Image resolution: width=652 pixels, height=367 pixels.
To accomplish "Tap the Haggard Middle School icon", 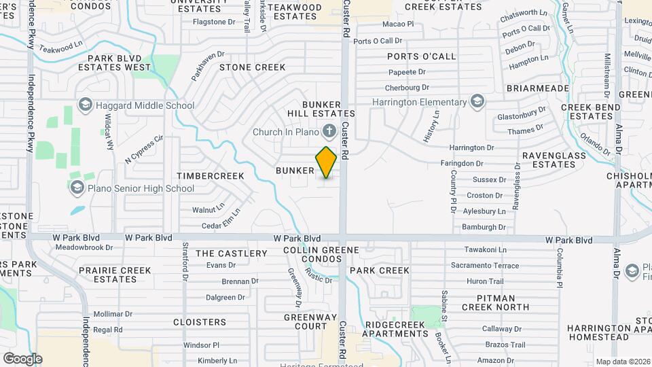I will click(x=85, y=105).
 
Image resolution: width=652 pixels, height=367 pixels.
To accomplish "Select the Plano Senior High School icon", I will click(x=76, y=188).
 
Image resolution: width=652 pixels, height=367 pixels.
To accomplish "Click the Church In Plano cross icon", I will click(x=329, y=131).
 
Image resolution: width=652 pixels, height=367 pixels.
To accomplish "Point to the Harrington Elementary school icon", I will click(x=477, y=102).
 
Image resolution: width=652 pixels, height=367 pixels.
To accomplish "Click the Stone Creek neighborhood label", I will click(x=252, y=67).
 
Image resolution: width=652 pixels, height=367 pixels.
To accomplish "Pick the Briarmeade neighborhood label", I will click(x=537, y=88).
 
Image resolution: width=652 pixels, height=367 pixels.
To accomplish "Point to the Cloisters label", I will click(x=200, y=322).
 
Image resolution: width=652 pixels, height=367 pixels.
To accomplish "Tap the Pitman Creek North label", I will click(x=493, y=302).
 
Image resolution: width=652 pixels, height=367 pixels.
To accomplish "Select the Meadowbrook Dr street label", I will click(x=84, y=247).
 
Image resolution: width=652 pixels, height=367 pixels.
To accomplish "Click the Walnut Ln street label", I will click(x=208, y=209).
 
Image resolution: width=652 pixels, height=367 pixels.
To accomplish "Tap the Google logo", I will click(x=22, y=358).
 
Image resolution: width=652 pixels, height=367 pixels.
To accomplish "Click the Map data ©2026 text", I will click(x=621, y=362).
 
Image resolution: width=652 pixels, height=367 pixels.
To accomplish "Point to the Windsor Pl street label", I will click(x=201, y=345).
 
